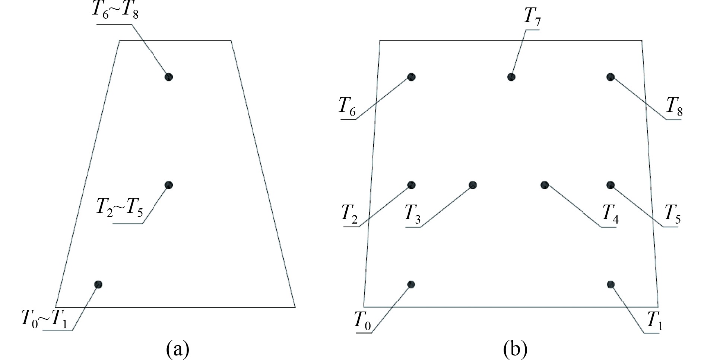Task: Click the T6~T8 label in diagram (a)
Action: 115,11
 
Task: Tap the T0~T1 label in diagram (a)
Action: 44,319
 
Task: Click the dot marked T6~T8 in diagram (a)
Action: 169,77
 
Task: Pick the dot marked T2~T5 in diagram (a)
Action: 169,185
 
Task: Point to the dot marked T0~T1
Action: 98,284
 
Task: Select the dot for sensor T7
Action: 511,77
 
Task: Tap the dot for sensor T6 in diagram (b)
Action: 411,77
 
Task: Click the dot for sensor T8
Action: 610,77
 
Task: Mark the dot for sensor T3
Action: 473,185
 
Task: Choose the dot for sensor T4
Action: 544,184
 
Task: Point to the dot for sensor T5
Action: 610,185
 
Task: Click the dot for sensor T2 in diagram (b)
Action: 411,185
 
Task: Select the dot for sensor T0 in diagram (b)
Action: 411,284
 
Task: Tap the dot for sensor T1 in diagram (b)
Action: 610,284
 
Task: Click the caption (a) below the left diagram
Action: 177,349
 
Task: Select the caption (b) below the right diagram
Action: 515,349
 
